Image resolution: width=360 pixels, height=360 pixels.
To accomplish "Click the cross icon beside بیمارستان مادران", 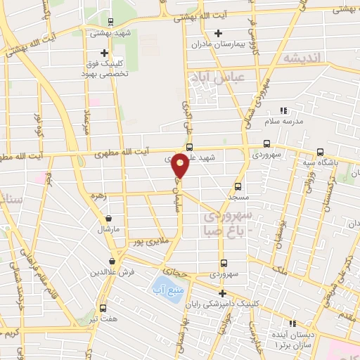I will tap(218, 33).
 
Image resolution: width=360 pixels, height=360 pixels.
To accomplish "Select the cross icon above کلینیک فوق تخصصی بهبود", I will tap(104, 53).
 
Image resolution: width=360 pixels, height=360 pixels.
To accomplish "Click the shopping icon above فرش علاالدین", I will tap(112, 261).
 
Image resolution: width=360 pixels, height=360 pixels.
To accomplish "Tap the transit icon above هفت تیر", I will tap(103, 308).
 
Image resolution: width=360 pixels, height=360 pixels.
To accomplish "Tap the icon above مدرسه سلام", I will tap(284, 110).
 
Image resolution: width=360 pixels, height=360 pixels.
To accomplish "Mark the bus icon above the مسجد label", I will tap(238, 186).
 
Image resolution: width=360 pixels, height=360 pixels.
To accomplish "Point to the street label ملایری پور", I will tap(149, 243).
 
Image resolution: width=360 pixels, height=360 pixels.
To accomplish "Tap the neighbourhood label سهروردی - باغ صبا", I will tap(232, 223).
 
